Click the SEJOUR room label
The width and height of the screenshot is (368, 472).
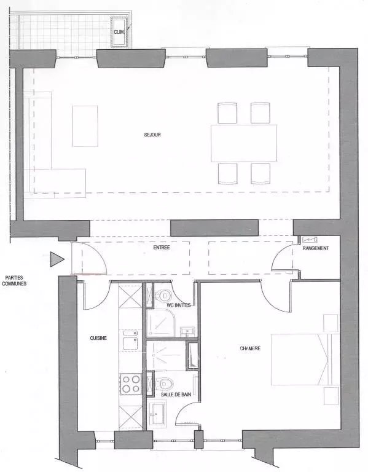[152, 135]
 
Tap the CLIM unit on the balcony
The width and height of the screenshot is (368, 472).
[120, 32]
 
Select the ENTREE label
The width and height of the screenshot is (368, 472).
[162, 248]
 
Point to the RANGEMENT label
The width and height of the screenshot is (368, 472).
[315, 248]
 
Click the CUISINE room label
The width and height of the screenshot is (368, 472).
[98, 338]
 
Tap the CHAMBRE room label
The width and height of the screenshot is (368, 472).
[250, 348]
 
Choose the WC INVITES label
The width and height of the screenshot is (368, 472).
[179, 305]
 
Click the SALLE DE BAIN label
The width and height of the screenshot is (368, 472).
[176, 394]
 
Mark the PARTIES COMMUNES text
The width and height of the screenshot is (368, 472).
[14, 280]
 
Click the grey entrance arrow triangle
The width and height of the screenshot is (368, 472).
[57, 259]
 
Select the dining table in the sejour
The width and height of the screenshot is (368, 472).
[244, 143]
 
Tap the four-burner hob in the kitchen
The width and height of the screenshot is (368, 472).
[131, 383]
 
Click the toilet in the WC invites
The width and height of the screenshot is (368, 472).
[164, 295]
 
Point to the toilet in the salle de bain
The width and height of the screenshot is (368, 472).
[164, 383]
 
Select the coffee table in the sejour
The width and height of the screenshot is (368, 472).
[85, 126]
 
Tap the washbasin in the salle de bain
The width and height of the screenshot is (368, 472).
[158, 414]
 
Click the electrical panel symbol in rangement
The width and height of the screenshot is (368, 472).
[309, 240]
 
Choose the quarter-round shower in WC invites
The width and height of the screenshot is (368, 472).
[161, 324]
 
